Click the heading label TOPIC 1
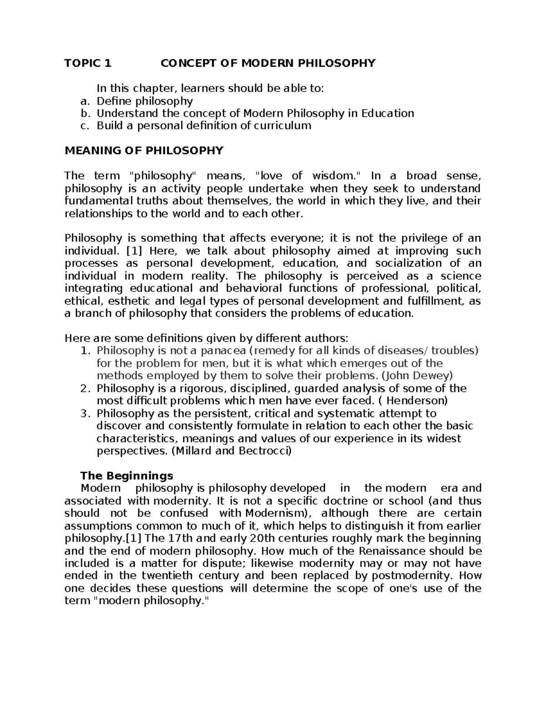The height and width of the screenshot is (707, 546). tap(88, 63)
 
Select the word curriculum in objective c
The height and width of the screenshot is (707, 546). tap(282, 126)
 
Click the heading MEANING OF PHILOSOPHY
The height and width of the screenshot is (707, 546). tap(144, 151)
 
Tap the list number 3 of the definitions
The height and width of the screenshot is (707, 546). tap(84, 413)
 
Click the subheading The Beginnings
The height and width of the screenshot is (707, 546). tap(126, 476)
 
